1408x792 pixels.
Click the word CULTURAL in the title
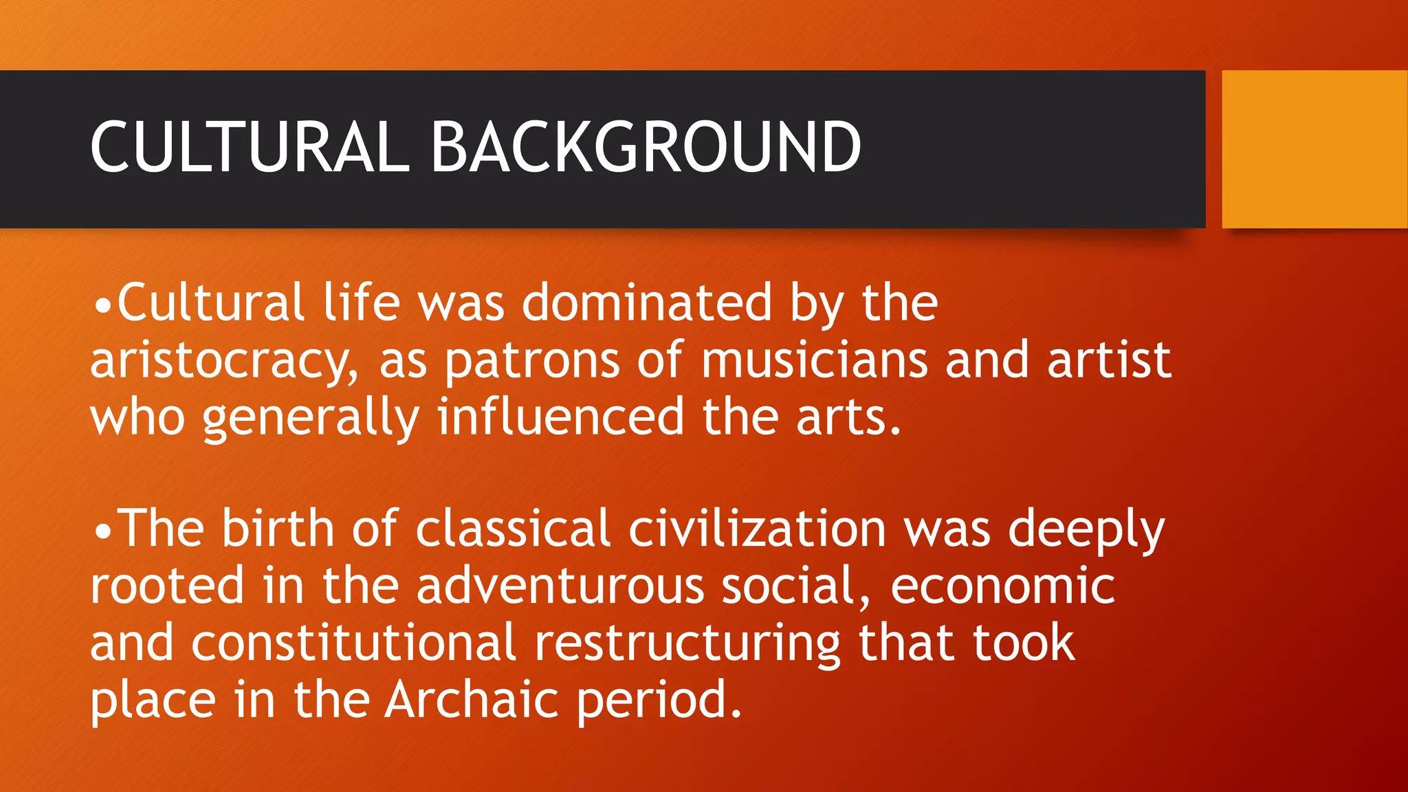point(250,147)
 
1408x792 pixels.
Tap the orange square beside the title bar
point(1314,149)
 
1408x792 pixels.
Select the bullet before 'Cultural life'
point(102,305)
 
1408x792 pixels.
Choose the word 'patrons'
point(532,360)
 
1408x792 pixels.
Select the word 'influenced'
point(560,417)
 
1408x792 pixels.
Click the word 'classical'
point(513,529)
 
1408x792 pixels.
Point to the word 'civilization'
point(757,529)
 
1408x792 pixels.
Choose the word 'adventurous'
point(560,586)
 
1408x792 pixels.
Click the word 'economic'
point(1002,586)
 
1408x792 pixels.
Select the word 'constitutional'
point(353,642)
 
